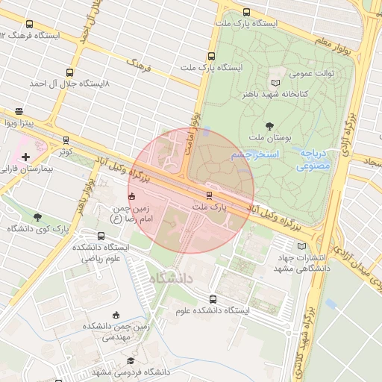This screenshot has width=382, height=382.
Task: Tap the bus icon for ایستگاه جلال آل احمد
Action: point(69,73)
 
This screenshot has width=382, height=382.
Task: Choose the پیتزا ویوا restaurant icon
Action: point(19,111)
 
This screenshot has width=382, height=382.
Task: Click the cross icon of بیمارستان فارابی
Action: point(26,157)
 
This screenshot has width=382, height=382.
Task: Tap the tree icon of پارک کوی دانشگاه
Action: point(37,217)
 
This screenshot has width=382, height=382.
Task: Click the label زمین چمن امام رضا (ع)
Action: point(131,215)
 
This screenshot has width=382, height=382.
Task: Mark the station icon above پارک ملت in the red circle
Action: point(209,195)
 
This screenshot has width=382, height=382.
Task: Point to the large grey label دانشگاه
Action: point(171,278)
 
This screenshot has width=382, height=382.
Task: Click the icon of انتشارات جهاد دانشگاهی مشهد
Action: point(301,245)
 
